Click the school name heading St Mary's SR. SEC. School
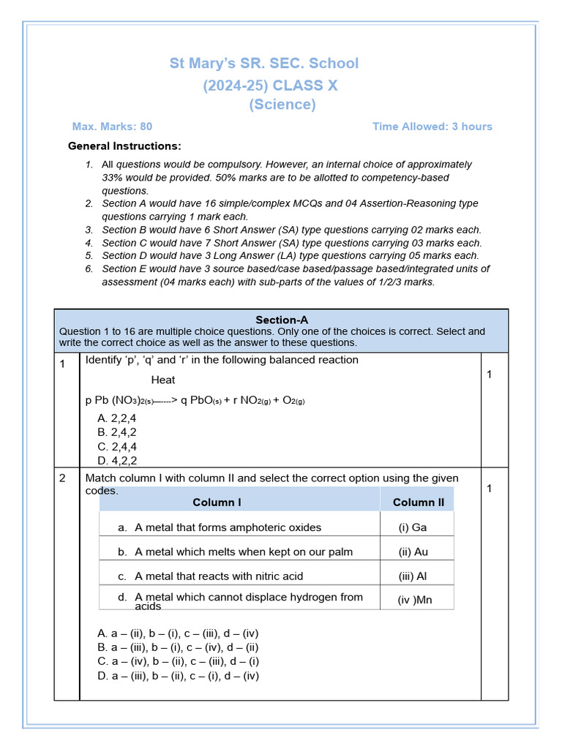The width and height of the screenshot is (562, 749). tap(264, 64)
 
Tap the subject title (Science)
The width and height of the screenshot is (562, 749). tap(282, 105)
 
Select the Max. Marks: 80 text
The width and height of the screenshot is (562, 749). tap(112, 127)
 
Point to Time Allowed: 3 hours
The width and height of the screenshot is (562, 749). tap(432, 127)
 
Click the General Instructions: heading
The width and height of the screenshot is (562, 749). tap(124, 146)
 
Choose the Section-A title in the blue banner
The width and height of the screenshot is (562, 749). tap(281, 320)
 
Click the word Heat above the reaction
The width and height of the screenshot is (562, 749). tap(163, 380)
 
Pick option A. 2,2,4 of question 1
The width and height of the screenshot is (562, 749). tap(116, 418)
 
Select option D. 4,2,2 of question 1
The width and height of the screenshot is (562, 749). tap(116, 461)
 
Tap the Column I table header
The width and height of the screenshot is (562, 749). tap(217, 503)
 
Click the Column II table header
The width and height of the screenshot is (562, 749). tap(418, 503)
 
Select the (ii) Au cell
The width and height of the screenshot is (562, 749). tap(413, 552)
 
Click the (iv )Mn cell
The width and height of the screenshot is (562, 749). tap(414, 601)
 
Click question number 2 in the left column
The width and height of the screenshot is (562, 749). tap(63, 478)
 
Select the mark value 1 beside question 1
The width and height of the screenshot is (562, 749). tap(490, 374)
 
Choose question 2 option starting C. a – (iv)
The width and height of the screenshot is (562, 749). tap(178, 661)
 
